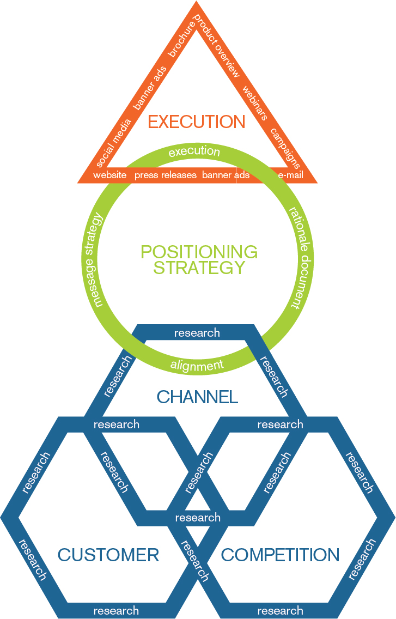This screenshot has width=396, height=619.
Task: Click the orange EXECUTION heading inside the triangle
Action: [x=197, y=122]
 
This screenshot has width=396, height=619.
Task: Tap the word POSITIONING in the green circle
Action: [x=199, y=252]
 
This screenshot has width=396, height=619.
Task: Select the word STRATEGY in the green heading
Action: [x=199, y=268]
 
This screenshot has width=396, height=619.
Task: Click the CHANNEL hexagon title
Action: [x=197, y=397]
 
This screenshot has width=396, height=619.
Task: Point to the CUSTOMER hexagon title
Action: [x=108, y=555]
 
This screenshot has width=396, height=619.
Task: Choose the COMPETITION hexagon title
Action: [x=280, y=555]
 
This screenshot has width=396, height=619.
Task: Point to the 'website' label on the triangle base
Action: [x=110, y=175]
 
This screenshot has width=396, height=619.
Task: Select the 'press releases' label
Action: [x=166, y=175]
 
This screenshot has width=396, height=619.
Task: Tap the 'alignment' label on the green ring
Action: [x=197, y=366]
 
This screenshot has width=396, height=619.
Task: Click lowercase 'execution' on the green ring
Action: [x=194, y=151]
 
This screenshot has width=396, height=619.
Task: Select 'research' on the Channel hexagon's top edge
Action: [x=197, y=332]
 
